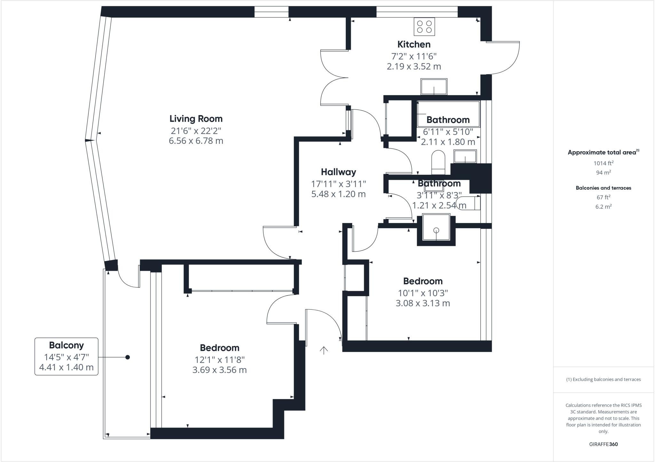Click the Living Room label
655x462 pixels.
coord(196,119)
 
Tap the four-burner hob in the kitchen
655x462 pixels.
coord(424,27)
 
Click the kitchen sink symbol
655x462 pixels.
coord(434,86)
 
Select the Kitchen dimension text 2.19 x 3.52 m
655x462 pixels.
coord(414,66)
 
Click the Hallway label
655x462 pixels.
coord(338,172)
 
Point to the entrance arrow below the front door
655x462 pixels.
coord(324,350)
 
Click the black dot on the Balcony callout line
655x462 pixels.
coord(128,357)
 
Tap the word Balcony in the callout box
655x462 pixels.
coord(66,345)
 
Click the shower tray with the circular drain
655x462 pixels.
coord(436,227)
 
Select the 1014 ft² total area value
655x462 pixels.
coord(603,163)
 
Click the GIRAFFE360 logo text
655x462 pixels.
coord(603,444)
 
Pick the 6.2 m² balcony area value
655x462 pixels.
coord(603,207)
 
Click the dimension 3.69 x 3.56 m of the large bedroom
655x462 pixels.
coord(219,370)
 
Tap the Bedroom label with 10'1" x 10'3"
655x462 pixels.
coord(423,281)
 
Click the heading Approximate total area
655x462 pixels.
coord(602,152)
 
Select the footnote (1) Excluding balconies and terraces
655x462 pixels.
coord(603,380)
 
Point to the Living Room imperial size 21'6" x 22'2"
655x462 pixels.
coord(196,131)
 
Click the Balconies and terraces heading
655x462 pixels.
coord(603,188)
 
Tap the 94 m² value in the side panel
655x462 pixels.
coord(603,173)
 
